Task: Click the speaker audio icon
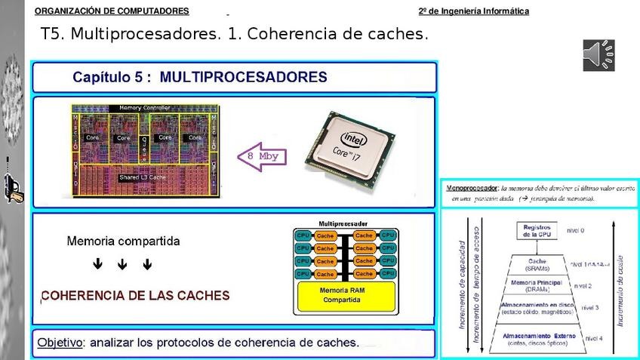(598, 55)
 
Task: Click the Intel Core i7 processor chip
(351, 148)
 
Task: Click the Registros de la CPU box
(537, 230)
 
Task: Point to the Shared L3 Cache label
(143, 177)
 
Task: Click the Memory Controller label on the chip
(145, 108)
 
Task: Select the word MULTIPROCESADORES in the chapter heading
(244, 77)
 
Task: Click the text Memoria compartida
(123, 242)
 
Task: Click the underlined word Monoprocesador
(472, 186)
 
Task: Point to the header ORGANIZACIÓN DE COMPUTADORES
(112, 11)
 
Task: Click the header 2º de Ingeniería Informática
(473, 11)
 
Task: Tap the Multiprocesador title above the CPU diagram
(343, 224)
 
